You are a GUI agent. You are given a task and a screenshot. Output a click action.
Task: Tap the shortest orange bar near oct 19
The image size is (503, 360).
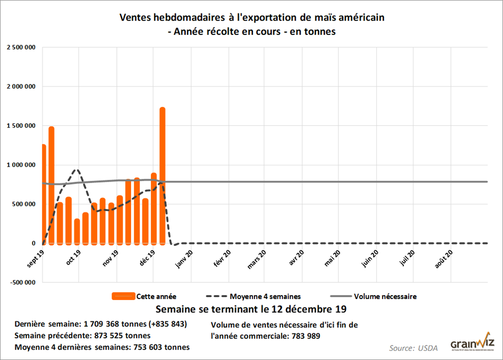(77, 231)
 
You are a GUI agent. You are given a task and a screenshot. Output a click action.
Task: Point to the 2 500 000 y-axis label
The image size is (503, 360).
(21, 47)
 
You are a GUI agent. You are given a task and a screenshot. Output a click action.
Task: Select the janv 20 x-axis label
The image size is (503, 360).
(185, 257)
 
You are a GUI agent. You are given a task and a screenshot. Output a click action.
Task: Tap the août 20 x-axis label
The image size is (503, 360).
(445, 258)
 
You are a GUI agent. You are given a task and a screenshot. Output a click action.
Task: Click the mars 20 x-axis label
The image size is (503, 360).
(258, 258)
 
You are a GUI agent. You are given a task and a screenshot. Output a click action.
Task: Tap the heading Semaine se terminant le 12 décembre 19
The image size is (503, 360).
(251, 310)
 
